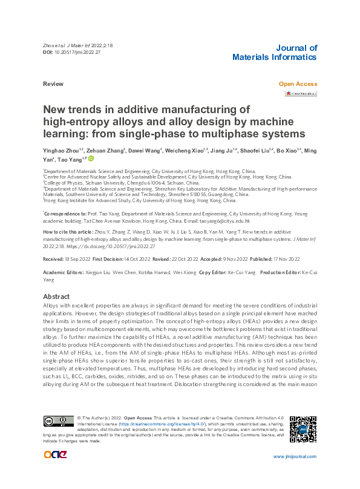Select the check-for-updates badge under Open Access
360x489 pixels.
coord(301,94)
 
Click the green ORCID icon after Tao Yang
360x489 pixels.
coord(91,159)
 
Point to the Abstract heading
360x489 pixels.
coord(56,297)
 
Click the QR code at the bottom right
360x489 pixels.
coord(303,429)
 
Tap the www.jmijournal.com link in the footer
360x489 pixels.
coord(294,473)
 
